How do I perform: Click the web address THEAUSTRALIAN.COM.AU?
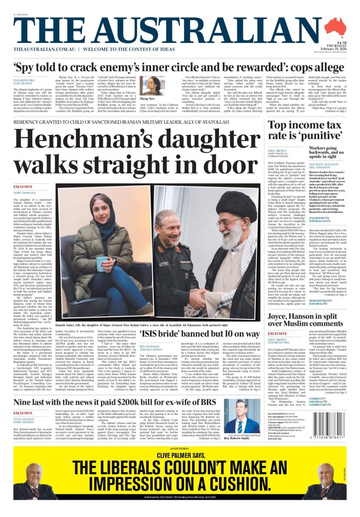(44, 49)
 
